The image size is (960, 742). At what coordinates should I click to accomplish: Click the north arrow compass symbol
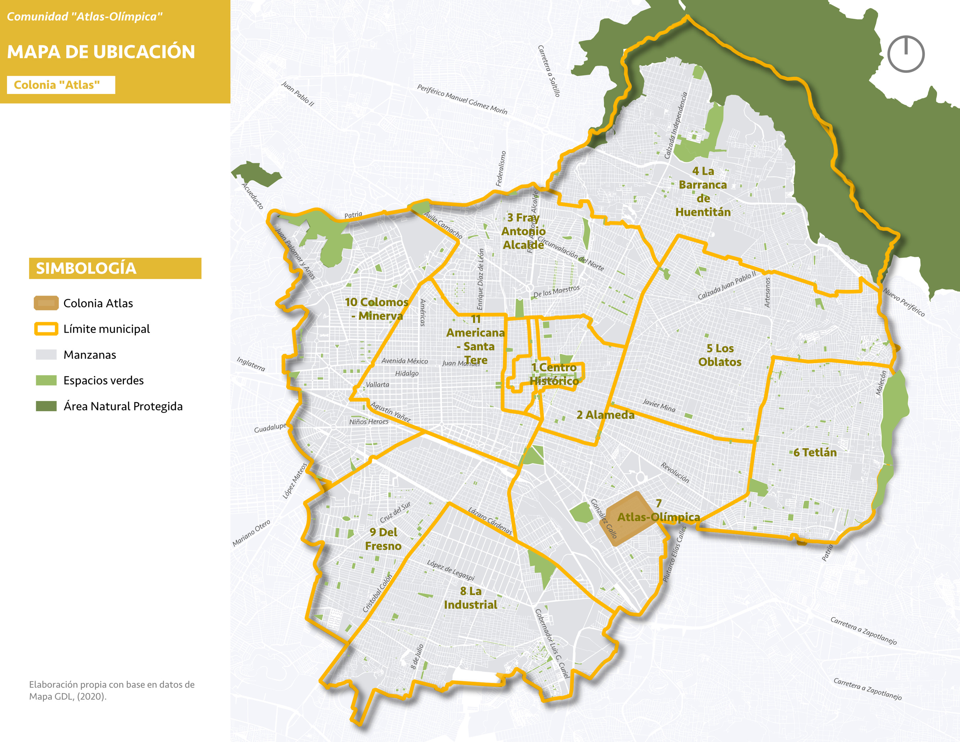coord(906,54)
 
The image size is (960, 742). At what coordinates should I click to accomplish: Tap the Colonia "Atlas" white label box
coord(61,85)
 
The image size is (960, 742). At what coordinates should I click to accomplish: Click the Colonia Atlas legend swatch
coord(46,303)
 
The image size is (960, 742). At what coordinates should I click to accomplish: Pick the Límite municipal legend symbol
coord(46,329)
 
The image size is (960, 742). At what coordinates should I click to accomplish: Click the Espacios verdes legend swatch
coord(46,380)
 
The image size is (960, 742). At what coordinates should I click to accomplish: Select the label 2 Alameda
coord(605,415)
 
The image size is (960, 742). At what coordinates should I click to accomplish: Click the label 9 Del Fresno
coord(383,539)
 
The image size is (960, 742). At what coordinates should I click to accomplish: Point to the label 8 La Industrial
coord(470,598)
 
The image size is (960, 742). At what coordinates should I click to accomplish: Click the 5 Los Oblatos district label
coord(720,355)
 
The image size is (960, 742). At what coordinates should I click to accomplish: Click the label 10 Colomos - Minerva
coord(377,309)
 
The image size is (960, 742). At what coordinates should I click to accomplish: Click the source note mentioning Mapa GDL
coord(112,690)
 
